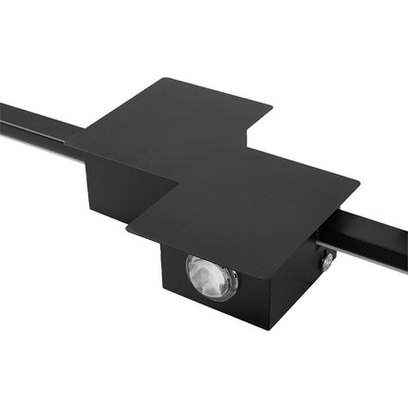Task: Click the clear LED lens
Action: coord(211,277)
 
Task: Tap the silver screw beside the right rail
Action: coord(326,262)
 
